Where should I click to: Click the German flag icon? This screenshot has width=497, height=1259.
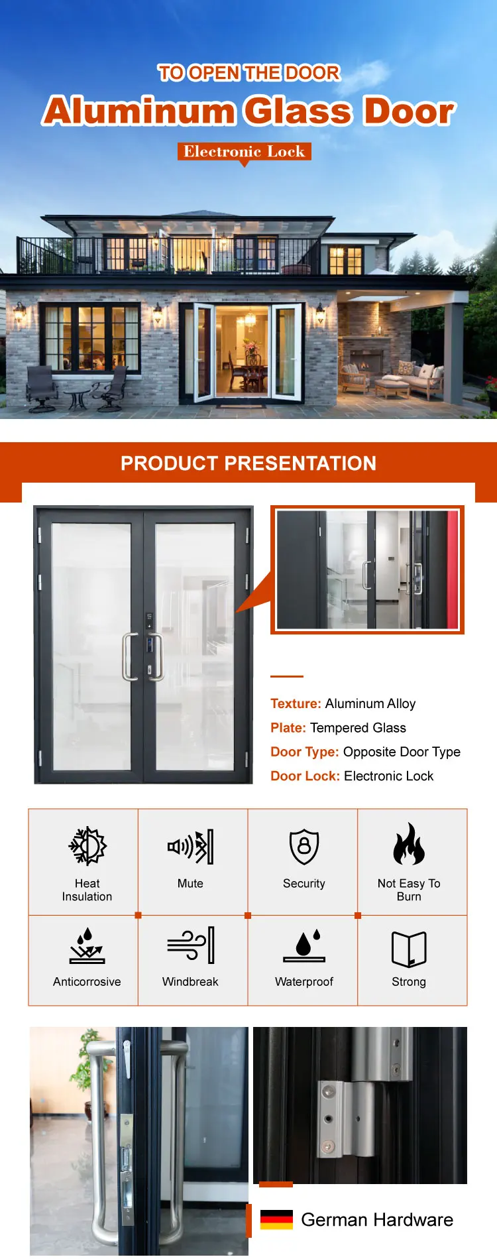click(276, 1219)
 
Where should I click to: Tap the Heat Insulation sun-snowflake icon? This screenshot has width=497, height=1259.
click(87, 846)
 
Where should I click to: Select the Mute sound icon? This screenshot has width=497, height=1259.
click(190, 847)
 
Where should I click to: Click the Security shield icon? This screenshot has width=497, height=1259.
click(304, 847)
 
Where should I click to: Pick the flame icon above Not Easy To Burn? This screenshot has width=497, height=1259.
click(409, 844)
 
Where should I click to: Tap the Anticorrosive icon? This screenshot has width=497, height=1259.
click(87, 945)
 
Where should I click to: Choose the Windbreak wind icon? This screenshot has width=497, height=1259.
click(190, 945)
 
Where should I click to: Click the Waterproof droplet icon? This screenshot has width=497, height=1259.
click(304, 945)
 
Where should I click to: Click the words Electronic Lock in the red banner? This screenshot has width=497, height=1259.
click(245, 152)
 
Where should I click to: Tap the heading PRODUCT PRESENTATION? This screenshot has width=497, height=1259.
click(248, 463)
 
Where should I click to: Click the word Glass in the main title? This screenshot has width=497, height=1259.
click(297, 111)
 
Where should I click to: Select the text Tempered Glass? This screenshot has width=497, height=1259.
click(358, 728)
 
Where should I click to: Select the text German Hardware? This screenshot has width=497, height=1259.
click(377, 1220)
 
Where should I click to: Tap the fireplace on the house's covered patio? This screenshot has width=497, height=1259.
click(362, 362)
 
